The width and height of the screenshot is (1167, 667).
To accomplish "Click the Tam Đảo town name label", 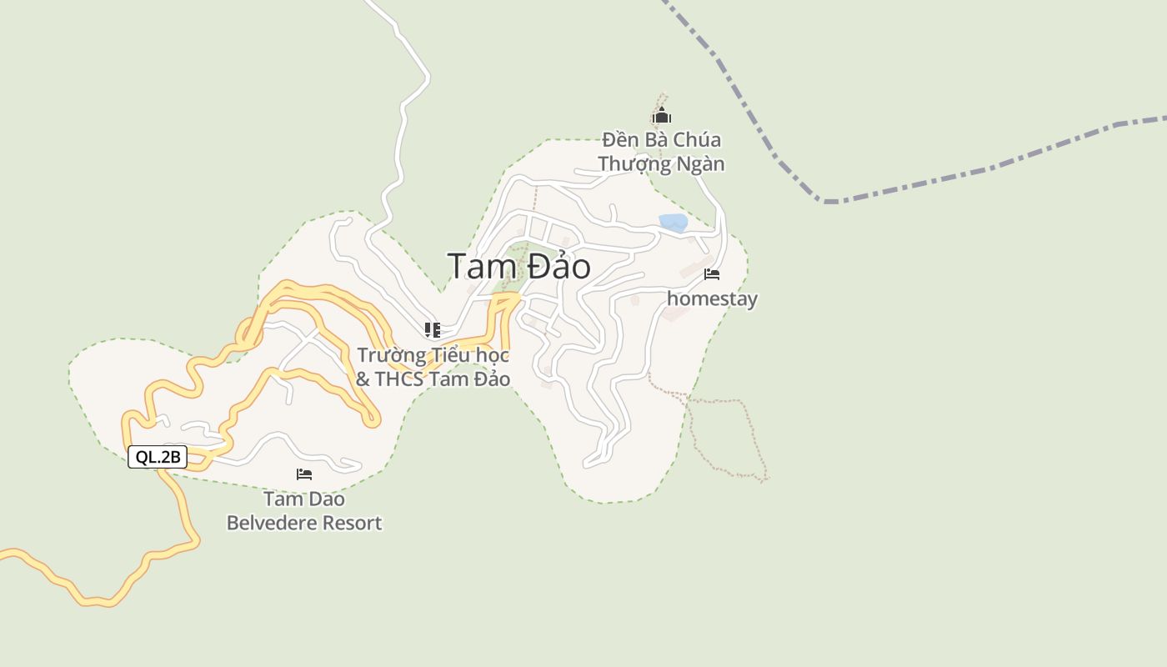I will click(x=518, y=267).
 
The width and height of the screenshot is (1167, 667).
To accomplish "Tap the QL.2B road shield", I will click(x=158, y=457).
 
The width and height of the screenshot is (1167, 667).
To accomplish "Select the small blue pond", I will click(x=674, y=223).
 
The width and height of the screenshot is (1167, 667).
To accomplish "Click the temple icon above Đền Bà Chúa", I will click(x=662, y=116).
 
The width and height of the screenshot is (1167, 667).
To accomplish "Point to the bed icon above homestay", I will click(x=712, y=274).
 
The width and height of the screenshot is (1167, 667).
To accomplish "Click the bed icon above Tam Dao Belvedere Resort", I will click(x=304, y=474).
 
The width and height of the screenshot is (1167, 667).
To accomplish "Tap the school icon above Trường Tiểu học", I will click(x=432, y=330).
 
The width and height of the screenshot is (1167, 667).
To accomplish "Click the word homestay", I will click(x=712, y=298).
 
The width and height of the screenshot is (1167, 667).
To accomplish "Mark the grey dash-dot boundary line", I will click(x=967, y=176).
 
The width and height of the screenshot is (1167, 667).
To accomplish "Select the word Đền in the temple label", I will click(x=619, y=140).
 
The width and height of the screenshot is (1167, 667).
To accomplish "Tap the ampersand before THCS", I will click(x=363, y=379).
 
